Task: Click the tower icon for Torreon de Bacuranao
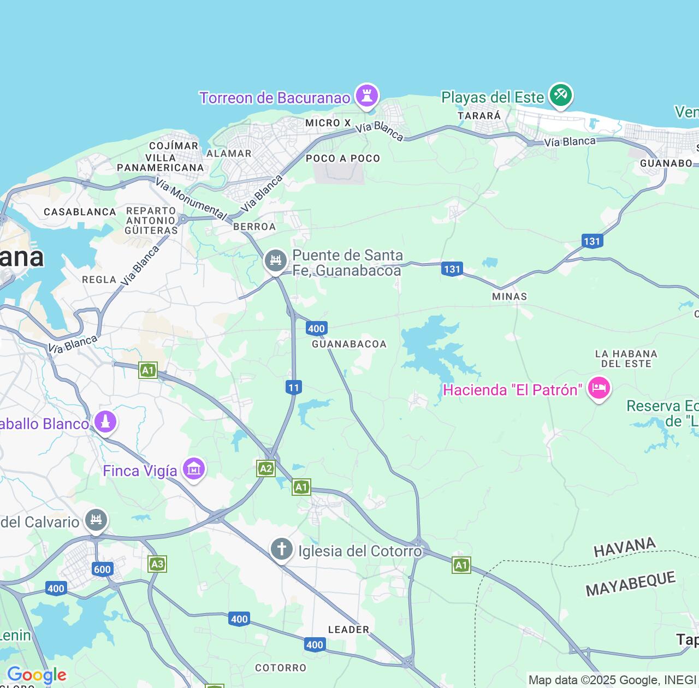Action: coord(366,96)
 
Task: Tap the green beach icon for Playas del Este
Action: coord(560,95)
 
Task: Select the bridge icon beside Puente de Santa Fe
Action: coord(276,260)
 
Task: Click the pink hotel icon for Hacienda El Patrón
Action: coord(599,389)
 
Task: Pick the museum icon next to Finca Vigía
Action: coord(194,468)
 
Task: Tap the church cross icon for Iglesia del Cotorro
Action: coord(282,549)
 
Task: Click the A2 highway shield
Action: coord(266,468)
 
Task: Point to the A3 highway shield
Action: coord(157,564)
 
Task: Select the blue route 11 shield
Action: coord(294,388)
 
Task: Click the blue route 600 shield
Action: coord(102,570)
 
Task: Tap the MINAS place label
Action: coord(510,296)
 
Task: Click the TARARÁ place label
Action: coord(479,116)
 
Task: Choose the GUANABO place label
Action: coord(666,163)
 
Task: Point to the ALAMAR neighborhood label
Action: coord(229,154)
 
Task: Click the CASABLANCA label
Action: coord(80,212)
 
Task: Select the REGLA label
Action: coord(99,280)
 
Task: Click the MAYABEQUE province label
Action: coord(631,584)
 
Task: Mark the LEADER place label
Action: coord(348,630)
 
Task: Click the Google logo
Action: coord(37,675)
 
